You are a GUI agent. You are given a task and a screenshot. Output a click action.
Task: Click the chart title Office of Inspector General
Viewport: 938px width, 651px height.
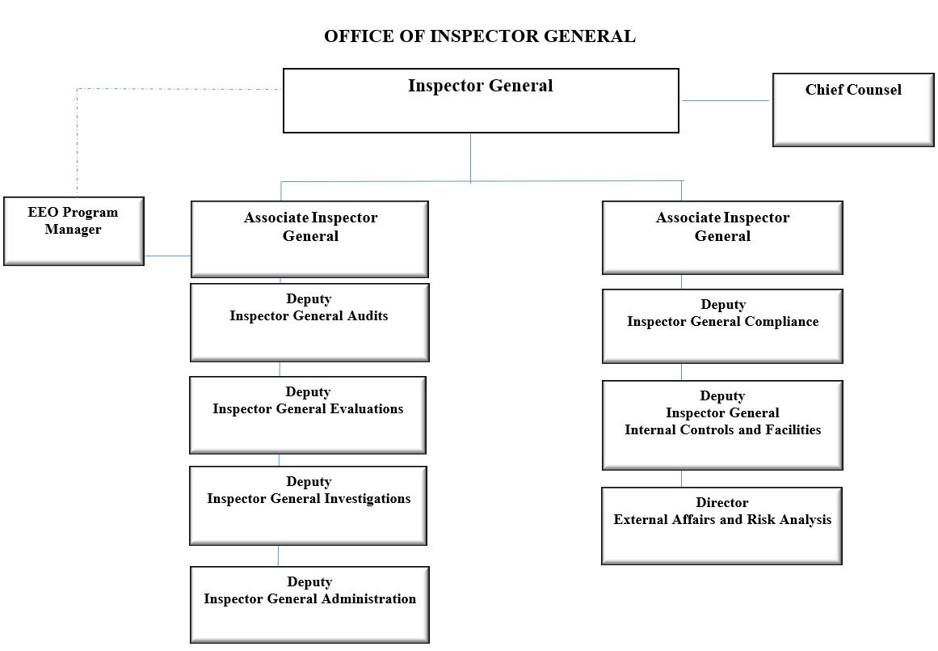(x=480, y=36)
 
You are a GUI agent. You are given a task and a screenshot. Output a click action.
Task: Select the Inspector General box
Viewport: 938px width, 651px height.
(x=481, y=100)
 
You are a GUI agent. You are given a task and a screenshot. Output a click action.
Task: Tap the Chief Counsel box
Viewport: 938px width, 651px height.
(x=853, y=110)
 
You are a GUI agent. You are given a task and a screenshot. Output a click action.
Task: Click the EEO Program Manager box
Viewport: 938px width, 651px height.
(x=74, y=231)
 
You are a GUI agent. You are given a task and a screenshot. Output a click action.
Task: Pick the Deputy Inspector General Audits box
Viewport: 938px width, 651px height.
(x=309, y=323)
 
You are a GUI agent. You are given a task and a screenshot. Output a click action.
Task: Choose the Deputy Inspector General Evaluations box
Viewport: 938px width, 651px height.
(x=308, y=415)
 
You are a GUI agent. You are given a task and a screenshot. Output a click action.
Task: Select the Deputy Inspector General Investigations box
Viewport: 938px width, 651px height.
(x=308, y=505)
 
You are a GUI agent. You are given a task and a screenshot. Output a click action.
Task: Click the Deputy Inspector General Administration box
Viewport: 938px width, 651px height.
(x=309, y=605)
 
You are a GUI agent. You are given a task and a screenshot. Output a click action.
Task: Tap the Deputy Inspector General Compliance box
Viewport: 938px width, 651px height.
(x=722, y=327)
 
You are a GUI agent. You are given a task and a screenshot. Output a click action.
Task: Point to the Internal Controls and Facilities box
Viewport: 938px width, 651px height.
(x=722, y=425)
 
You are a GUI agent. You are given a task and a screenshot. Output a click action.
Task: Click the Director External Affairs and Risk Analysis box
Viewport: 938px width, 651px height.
(x=722, y=526)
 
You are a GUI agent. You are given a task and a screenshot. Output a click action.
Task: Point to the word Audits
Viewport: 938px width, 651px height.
(x=368, y=315)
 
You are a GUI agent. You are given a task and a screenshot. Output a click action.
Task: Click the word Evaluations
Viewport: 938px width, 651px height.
(x=368, y=409)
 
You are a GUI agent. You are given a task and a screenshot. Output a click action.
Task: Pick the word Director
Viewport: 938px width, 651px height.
(x=722, y=502)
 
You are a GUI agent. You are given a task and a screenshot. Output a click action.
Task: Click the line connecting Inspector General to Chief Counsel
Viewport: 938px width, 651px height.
(x=726, y=100)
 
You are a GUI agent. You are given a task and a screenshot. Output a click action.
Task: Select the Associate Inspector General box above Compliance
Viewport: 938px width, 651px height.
(x=722, y=238)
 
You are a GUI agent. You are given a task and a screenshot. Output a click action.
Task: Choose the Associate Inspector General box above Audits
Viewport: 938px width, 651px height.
(x=310, y=239)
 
